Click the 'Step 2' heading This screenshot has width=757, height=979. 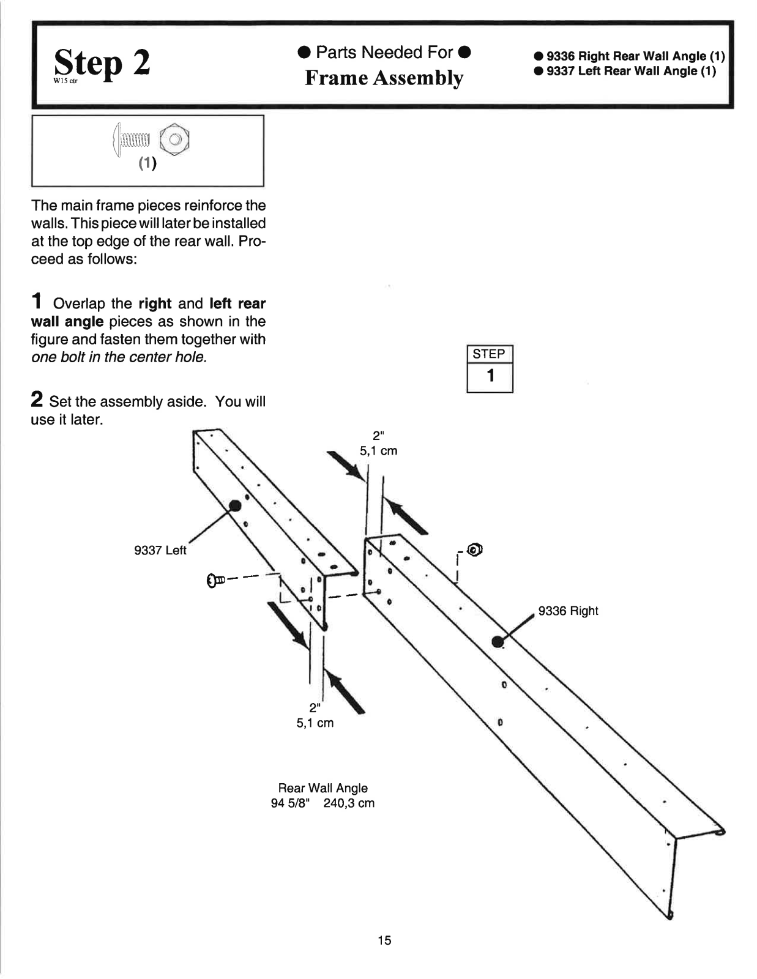pyautogui.click(x=102, y=64)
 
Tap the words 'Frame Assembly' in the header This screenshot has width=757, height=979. pyautogui.click(x=384, y=78)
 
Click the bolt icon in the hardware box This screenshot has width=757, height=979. pyautogui.click(x=132, y=140)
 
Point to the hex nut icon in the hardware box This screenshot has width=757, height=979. pyautogui.click(x=174, y=140)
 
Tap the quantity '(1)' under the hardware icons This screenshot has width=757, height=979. pyautogui.click(x=147, y=163)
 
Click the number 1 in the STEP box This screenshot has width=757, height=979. pyautogui.click(x=490, y=376)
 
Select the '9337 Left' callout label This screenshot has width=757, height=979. pyautogui.click(x=160, y=550)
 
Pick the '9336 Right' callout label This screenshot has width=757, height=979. pyautogui.click(x=568, y=611)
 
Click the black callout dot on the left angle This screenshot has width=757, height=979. pyautogui.click(x=234, y=505)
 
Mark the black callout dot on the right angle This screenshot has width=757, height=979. pyautogui.click(x=498, y=641)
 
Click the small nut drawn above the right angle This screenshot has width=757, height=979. pyautogui.click(x=475, y=549)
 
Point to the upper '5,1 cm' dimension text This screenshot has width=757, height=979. pyautogui.click(x=378, y=451)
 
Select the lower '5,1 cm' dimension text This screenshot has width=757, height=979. pyautogui.click(x=315, y=723)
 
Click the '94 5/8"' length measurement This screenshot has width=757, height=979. pyautogui.click(x=291, y=803)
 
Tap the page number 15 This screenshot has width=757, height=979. pyautogui.click(x=384, y=940)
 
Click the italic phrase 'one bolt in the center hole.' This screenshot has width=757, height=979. pyautogui.click(x=119, y=357)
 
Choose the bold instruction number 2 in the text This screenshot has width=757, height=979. pyautogui.click(x=37, y=401)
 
